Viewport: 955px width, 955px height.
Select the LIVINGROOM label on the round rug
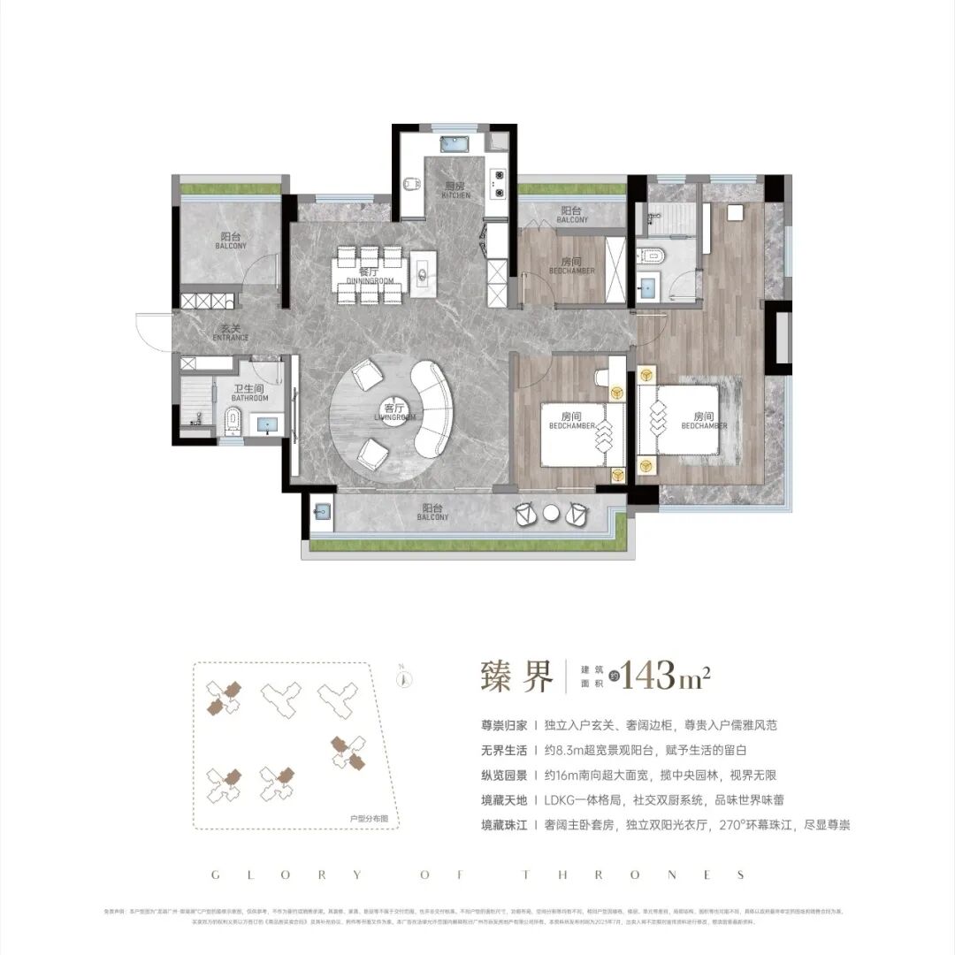coord(393,412)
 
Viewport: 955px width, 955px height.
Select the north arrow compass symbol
coord(402,679)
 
